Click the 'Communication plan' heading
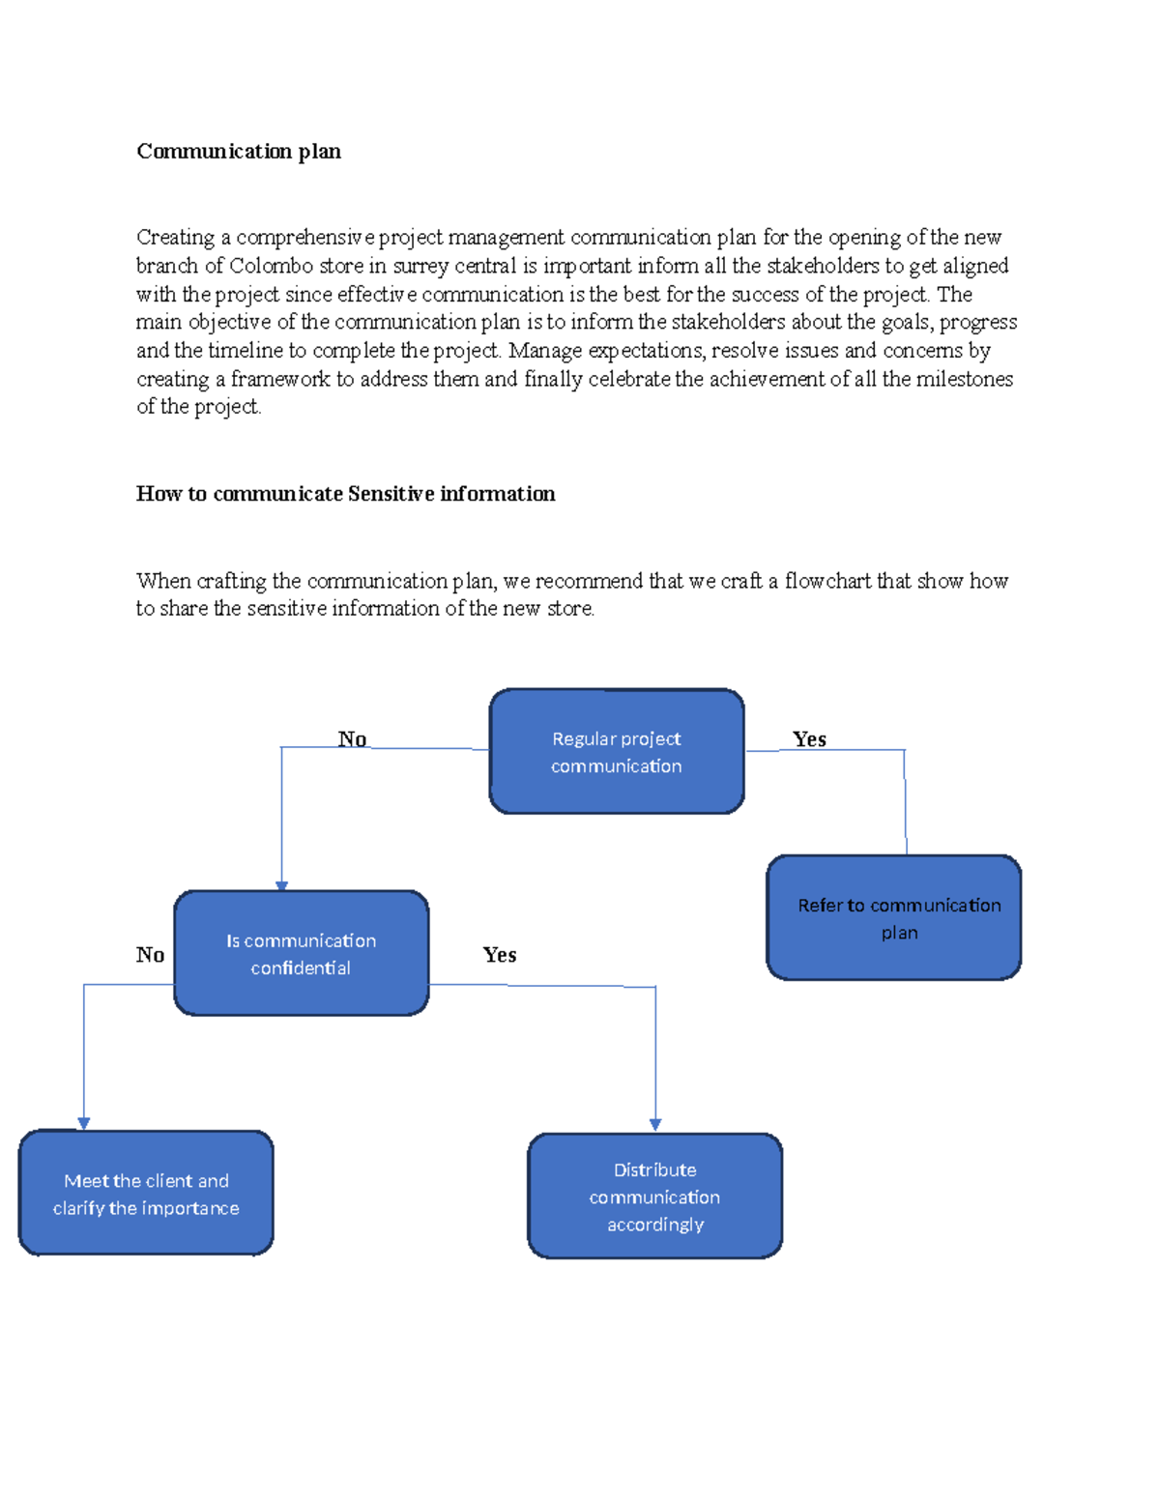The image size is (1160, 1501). click(238, 152)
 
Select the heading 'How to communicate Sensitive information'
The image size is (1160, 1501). click(345, 494)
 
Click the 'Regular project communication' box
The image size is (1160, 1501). click(617, 752)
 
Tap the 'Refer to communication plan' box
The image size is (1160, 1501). click(893, 917)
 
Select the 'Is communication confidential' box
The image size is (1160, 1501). click(301, 953)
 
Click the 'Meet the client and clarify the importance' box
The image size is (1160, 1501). click(146, 1193)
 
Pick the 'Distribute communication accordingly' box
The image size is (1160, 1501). click(654, 1196)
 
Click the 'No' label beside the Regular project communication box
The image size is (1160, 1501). click(352, 739)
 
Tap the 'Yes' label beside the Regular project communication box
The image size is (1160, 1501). click(809, 739)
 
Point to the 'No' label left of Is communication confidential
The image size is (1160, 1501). click(150, 955)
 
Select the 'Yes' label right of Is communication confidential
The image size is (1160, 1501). click(499, 955)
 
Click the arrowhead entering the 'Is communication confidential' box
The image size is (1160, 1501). click(281, 885)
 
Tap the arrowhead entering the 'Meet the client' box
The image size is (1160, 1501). click(84, 1123)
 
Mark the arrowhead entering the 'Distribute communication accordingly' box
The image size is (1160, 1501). click(655, 1125)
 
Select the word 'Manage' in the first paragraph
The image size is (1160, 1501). click(545, 351)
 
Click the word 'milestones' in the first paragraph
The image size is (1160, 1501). click(964, 379)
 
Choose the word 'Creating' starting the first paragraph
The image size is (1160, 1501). click(175, 238)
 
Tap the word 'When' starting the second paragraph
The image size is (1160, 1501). click(163, 581)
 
